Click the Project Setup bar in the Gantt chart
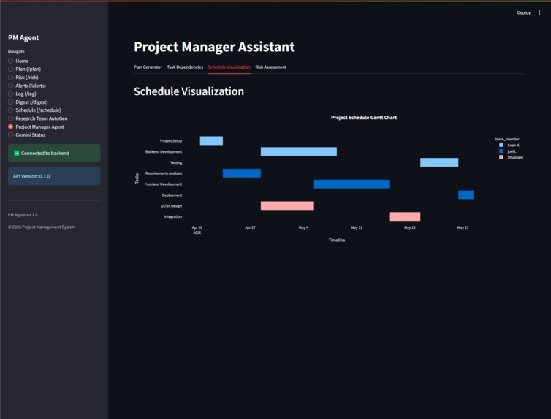pyautogui.click(x=211, y=140)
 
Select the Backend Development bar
pyautogui.click(x=298, y=151)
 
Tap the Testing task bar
pyautogui.click(x=438, y=162)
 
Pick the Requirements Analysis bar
pyautogui.click(x=241, y=173)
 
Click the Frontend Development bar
pyautogui.click(x=351, y=184)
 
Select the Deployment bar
pyautogui.click(x=465, y=195)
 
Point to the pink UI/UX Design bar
pyautogui.click(x=287, y=205)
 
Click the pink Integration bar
pyautogui.click(x=405, y=216)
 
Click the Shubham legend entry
pyautogui.click(x=514, y=157)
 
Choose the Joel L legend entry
pyautogui.click(x=512, y=151)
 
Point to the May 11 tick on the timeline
pyautogui.click(x=357, y=227)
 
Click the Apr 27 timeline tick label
pyautogui.click(x=250, y=227)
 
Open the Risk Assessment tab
pyautogui.click(x=270, y=67)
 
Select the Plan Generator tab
pyautogui.click(x=148, y=67)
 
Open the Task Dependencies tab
pyautogui.click(x=185, y=67)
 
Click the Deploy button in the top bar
pyautogui.click(x=523, y=12)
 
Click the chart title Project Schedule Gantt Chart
pyautogui.click(x=363, y=117)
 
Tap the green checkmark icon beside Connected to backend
pyautogui.click(x=16, y=154)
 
